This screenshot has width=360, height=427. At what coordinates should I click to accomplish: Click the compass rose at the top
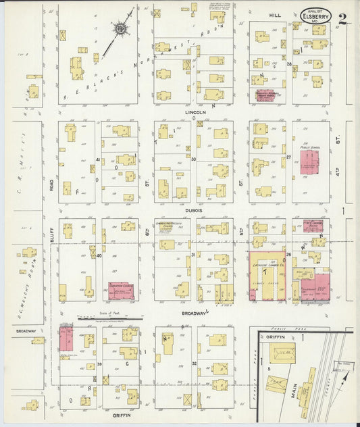(x=121, y=28)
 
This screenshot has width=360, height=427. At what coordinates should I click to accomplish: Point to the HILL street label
(x=275, y=14)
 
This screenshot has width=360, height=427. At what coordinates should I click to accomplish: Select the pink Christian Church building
(x=122, y=290)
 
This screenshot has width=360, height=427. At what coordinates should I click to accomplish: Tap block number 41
(x=98, y=160)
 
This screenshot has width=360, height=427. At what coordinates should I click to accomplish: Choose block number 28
(x=288, y=64)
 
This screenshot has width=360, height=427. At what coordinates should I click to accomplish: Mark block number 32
(x=193, y=363)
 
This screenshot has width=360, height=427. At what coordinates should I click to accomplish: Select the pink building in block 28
(x=265, y=95)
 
